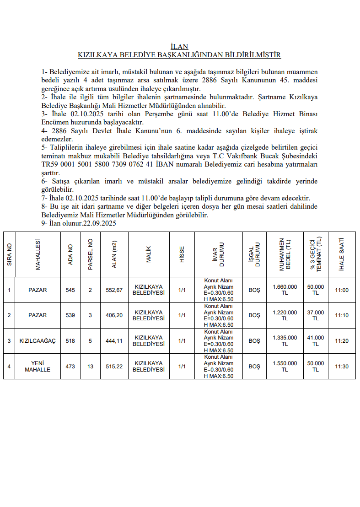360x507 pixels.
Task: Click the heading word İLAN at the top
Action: (179, 47)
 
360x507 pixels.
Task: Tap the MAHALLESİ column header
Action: (38, 254)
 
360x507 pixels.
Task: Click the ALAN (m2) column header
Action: (114, 254)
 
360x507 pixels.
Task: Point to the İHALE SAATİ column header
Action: (341, 254)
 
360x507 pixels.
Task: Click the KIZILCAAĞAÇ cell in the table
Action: (38, 341)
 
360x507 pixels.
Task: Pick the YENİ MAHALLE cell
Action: (38, 366)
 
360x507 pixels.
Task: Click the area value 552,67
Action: (114, 290)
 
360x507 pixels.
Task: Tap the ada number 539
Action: (70, 315)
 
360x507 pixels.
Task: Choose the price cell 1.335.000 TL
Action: (285, 341)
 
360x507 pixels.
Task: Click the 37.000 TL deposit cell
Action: (316, 315)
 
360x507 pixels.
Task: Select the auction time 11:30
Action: (341, 367)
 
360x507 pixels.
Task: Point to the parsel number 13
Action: (90, 367)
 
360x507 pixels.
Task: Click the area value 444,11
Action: (114, 341)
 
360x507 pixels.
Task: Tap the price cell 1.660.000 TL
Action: (285, 290)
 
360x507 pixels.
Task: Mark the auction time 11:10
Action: (341, 315)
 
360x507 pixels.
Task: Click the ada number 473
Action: (70, 367)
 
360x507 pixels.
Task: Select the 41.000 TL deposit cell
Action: (316, 341)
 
